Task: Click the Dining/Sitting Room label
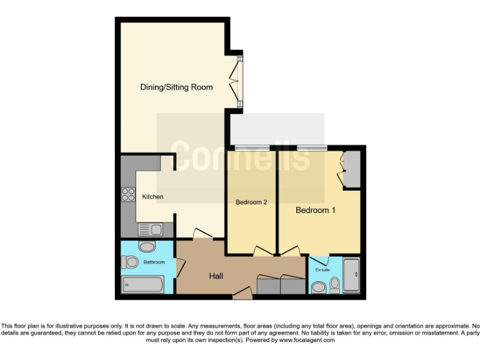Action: coord(176,87)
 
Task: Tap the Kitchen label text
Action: coord(152,197)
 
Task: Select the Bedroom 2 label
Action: coord(251,202)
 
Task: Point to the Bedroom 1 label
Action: coord(316,211)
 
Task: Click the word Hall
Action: coord(216,276)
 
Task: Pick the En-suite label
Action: coord(322,269)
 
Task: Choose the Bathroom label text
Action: coord(154,262)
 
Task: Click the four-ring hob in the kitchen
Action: coord(128,194)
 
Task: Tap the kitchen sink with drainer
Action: coord(150,229)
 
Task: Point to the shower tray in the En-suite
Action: coord(352,275)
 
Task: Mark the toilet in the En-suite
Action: coord(335,285)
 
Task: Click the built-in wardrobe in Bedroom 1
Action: coord(351,169)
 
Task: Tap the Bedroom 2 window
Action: coord(251,148)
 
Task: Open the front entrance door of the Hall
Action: coord(242,292)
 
